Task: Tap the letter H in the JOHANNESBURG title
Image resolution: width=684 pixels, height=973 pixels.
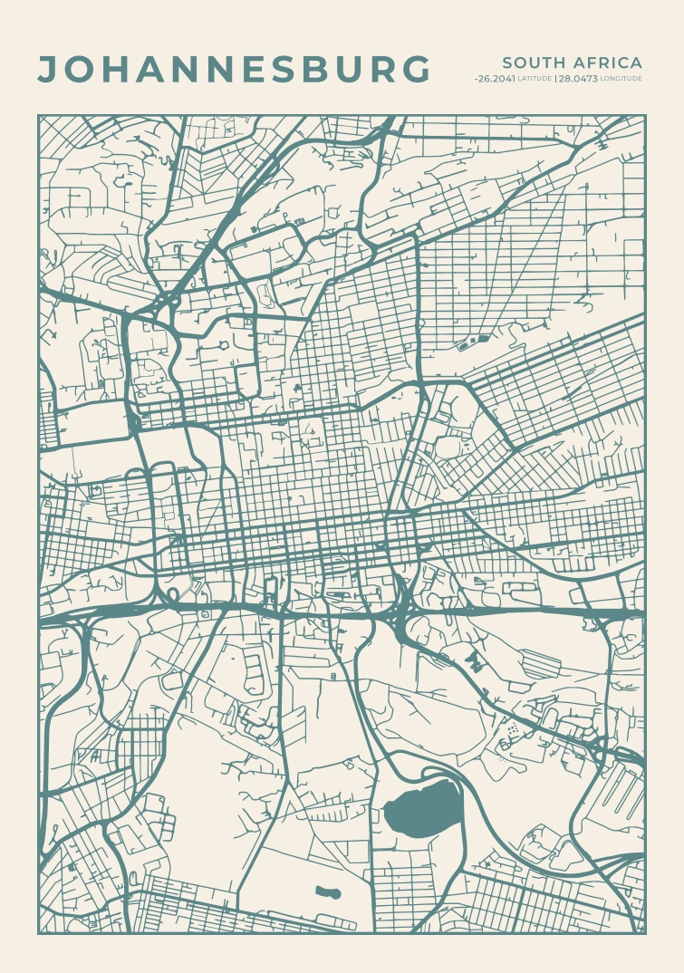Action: pyautogui.click(x=115, y=70)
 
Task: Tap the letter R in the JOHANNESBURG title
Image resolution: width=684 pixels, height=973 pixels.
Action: pyautogui.click(x=381, y=70)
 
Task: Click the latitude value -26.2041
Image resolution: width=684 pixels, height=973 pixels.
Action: pyautogui.click(x=495, y=80)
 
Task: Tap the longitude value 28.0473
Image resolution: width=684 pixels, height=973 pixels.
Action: pyautogui.click(x=578, y=80)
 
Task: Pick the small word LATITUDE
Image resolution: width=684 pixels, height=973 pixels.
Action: pyautogui.click(x=534, y=80)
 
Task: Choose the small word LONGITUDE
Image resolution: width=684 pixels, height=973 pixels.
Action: pyautogui.click(x=621, y=80)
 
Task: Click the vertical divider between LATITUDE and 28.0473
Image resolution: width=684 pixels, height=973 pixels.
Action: pyautogui.click(x=554, y=80)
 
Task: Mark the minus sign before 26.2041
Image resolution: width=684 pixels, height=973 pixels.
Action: pyautogui.click(x=477, y=80)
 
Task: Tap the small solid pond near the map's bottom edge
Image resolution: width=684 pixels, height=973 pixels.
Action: pyautogui.click(x=328, y=892)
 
